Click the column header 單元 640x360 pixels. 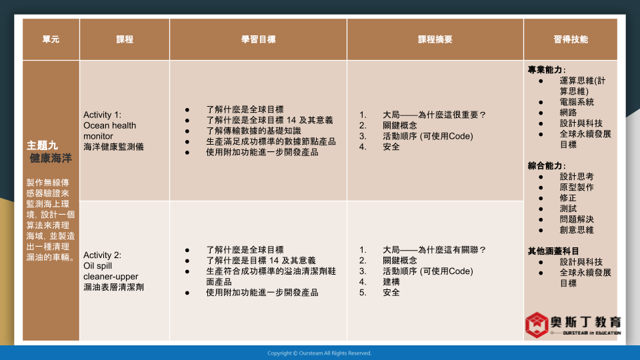pos(51,39)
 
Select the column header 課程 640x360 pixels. pos(125,39)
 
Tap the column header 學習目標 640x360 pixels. pos(258,39)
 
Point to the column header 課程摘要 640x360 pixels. pos(435,39)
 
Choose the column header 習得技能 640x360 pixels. pos(571,39)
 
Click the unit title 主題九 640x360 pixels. pos(42,145)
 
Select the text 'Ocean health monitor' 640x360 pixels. pos(110,131)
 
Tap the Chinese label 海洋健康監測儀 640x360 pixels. pos(113,147)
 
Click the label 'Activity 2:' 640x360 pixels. pos(102,255)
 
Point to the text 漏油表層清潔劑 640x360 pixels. pos(113,287)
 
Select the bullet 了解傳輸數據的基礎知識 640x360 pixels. pos(253,131)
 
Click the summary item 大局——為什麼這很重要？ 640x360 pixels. pos(434,115)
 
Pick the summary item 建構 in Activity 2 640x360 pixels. pos(391,281)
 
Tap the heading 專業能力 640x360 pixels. pos(547,70)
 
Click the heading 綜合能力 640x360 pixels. pos(547,166)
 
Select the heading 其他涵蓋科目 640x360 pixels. pos(553,251)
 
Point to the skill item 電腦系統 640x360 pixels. pos(576,102)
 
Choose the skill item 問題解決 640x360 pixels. pos(576,219)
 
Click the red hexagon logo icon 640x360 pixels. pos(536,325)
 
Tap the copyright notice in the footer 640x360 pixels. pos(319,353)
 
